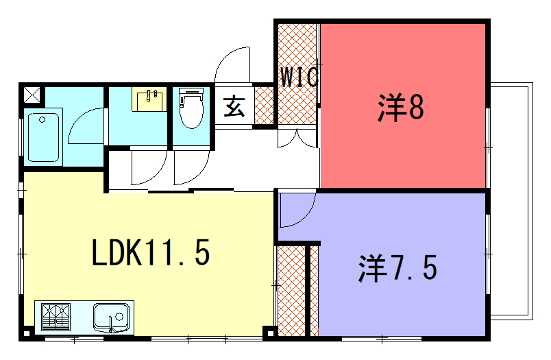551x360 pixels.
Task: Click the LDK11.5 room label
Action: [150, 252]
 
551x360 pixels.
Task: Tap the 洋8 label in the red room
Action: [401, 107]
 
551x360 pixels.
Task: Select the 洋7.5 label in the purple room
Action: [397, 268]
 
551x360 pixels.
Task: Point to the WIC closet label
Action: [299, 77]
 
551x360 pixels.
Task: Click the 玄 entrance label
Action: [234, 106]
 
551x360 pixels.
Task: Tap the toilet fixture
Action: [191, 108]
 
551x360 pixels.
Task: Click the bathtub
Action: [43, 137]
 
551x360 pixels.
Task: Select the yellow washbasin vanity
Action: [149, 99]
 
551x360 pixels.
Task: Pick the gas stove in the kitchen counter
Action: [56, 317]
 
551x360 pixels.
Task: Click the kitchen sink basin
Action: [112, 317]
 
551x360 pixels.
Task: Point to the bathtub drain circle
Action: [42, 120]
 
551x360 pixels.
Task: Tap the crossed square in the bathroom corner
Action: [32, 95]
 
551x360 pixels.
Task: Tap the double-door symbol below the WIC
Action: [297, 139]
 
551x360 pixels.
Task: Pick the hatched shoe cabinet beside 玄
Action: [264, 106]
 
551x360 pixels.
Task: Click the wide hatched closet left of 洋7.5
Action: [291, 291]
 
